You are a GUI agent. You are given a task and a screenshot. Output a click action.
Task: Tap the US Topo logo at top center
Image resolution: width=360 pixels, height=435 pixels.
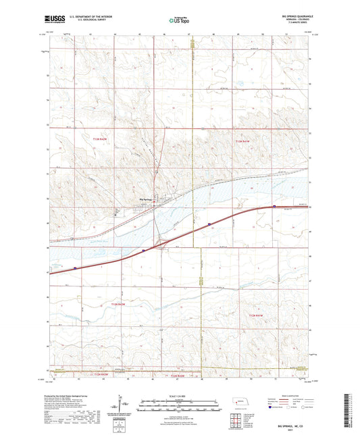pyautogui.click(x=179, y=20)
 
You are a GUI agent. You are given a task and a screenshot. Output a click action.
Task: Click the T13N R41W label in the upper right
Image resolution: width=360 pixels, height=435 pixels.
pyautogui.click(x=244, y=140)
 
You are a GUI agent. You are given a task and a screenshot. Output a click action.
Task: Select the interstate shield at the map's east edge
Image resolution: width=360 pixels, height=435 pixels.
pyautogui.click(x=274, y=207)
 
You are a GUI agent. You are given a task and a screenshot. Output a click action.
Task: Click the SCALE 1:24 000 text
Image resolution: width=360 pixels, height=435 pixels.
pyautogui.click(x=179, y=395)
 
